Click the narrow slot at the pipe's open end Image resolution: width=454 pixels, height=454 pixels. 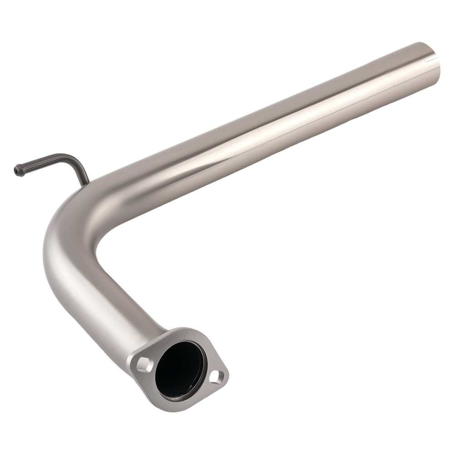[429, 59]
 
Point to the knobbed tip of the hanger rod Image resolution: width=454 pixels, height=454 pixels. [18, 170]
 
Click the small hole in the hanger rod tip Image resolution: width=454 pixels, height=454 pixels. [16, 171]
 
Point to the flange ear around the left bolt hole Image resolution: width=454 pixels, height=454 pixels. [138, 361]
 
